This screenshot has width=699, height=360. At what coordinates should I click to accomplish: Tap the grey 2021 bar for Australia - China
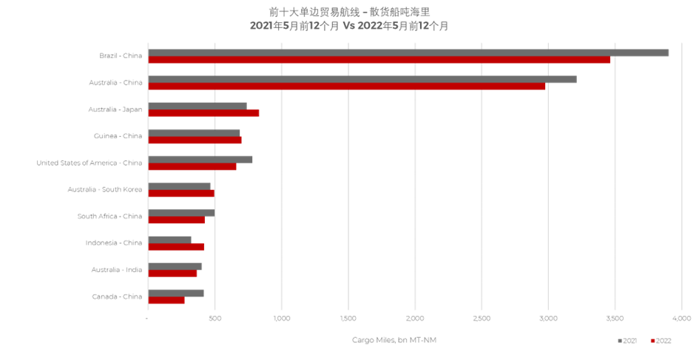pyautogui.click(x=362, y=79)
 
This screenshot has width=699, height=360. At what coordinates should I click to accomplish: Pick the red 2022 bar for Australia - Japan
pyautogui.click(x=203, y=113)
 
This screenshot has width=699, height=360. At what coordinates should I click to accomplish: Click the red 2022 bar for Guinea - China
pyautogui.click(x=195, y=140)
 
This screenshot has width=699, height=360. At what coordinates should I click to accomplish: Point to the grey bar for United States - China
pyautogui.click(x=200, y=159)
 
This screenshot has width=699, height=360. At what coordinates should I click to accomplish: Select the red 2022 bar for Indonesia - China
pyautogui.click(x=176, y=246)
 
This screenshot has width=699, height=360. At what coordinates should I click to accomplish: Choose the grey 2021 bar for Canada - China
pyautogui.click(x=176, y=293)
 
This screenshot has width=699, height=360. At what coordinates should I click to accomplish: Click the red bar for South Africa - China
pyautogui.click(x=177, y=220)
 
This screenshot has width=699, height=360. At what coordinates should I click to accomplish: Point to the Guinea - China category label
pyautogui.click(x=118, y=136)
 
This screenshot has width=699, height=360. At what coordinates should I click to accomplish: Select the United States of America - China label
pyautogui.click(x=89, y=163)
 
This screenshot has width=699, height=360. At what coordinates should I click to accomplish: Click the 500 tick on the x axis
pyautogui.click(x=215, y=319)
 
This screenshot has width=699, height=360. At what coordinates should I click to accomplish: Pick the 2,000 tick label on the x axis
pyautogui.click(x=415, y=319)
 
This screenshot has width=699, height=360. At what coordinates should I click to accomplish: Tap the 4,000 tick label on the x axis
pyautogui.click(x=681, y=319)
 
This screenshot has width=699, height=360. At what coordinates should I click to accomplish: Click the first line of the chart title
pyautogui.click(x=349, y=12)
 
